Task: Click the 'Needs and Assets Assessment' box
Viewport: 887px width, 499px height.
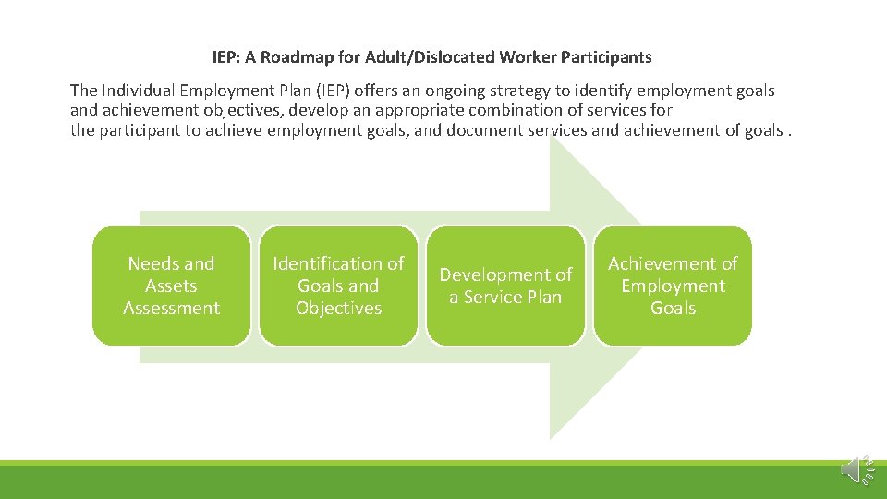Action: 171,286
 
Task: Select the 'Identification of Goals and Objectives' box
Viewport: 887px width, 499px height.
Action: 338,286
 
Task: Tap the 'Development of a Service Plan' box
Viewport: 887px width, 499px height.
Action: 505,286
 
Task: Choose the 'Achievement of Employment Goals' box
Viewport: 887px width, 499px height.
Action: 673,286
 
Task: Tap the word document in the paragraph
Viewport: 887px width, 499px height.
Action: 483,130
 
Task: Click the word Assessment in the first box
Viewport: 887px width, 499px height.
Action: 171,308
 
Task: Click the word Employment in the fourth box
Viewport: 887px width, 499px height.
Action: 673,286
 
